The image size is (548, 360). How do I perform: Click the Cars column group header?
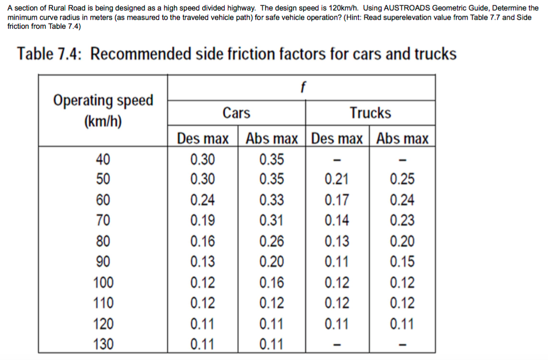236,113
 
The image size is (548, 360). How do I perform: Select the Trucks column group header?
370,113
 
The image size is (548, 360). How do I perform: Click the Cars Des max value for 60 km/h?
203,199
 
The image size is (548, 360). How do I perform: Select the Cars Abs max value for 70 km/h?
271,220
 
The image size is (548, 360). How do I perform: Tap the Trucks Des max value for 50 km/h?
337,179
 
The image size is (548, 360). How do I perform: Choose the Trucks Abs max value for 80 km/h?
402,241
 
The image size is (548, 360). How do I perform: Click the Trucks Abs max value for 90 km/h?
402,261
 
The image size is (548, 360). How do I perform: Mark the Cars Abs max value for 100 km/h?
271,282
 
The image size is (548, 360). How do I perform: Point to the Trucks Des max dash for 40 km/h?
337,159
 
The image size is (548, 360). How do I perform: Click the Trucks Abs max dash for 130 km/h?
402,344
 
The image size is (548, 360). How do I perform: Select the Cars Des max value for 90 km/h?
203,261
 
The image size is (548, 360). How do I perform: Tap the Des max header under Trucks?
337,139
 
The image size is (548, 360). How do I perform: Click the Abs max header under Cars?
271,139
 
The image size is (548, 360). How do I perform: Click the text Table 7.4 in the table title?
50,54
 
